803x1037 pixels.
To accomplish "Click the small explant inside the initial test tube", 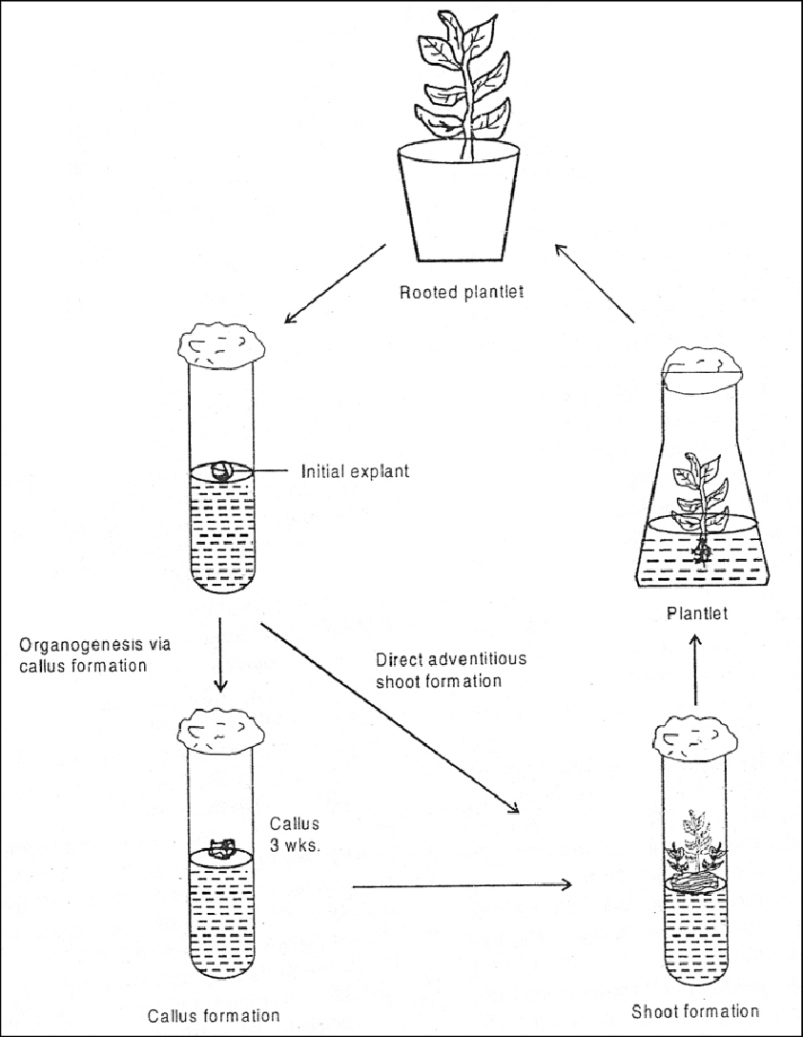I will tap(221, 471).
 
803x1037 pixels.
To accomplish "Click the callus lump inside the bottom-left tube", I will tap(224, 848).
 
